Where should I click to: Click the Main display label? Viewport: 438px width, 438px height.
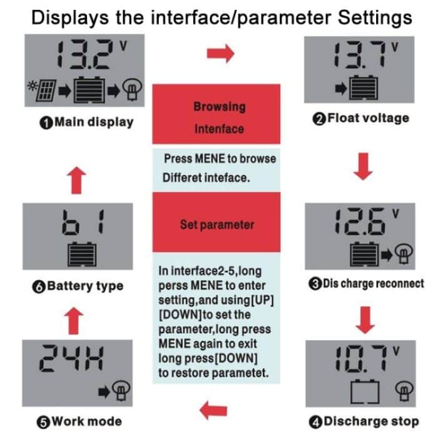point(86,122)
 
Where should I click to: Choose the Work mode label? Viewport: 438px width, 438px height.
point(79,420)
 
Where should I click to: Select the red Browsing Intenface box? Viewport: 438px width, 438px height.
point(219,118)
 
